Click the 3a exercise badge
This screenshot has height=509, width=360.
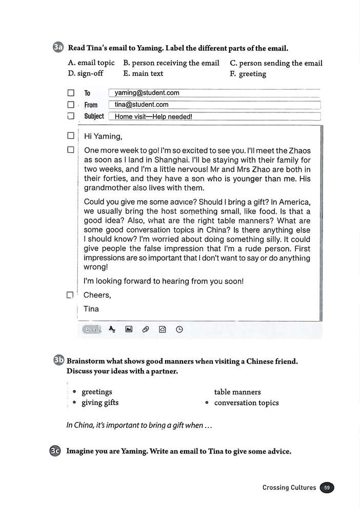pyautogui.click(x=58, y=49)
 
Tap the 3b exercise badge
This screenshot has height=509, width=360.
pyautogui.click(x=58, y=361)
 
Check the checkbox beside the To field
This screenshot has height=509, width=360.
pyautogui.click(x=71, y=93)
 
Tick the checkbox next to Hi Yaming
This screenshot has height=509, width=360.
pyautogui.click(x=71, y=136)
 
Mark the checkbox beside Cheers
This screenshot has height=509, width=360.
pyautogui.click(x=70, y=296)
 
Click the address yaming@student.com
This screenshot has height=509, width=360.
pyautogui.click(x=147, y=93)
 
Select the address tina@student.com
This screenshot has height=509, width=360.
pyautogui.click(x=142, y=105)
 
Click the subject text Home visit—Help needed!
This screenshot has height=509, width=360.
pyautogui.click(x=153, y=116)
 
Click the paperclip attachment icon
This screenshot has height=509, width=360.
pyautogui.click(x=145, y=330)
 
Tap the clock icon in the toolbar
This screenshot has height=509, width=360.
pyautogui.click(x=179, y=330)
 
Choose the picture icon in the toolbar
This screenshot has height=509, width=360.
pyautogui.click(x=129, y=330)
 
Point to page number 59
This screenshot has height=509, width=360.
pyautogui.click(x=327, y=487)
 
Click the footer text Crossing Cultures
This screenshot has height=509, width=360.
pyautogui.click(x=289, y=487)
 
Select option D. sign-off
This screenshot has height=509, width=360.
pyautogui.click(x=86, y=73)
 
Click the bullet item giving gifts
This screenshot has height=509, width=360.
pyautogui.click(x=100, y=403)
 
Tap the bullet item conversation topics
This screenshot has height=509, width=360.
pyautogui.click(x=246, y=403)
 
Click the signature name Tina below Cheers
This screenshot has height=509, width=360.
pyautogui.click(x=91, y=309)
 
